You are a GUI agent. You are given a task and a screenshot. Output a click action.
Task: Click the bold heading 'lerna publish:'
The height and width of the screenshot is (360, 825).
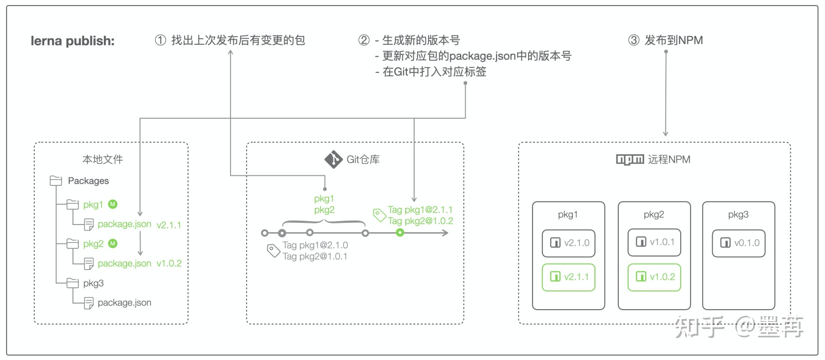(72, 41)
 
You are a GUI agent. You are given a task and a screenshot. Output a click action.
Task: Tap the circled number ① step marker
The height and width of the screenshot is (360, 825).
(160, 40)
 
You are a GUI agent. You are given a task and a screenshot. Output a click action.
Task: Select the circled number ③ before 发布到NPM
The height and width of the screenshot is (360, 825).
(634, 40)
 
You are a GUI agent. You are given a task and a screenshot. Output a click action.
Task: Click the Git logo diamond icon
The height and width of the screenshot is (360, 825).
(333, 159)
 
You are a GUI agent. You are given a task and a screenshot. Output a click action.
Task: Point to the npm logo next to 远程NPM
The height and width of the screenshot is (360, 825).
(630, 160)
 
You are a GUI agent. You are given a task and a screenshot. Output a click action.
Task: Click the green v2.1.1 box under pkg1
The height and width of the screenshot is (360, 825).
(568, 277)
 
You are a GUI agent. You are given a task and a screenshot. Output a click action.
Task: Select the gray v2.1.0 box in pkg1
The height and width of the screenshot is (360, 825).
(568, 243)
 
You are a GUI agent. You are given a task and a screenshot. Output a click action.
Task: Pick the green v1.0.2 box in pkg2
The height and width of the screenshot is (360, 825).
(654, 277)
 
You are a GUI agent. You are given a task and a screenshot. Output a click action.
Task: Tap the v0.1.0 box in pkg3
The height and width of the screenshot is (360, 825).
(739, 243)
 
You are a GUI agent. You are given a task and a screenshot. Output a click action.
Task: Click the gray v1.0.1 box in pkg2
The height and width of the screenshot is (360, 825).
(654, 243)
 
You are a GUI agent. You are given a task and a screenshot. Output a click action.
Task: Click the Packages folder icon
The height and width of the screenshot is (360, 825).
(56, 181)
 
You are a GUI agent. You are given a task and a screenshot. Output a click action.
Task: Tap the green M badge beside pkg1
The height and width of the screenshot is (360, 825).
(113, 204)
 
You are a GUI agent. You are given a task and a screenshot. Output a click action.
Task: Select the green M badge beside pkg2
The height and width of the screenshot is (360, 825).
(113, 243)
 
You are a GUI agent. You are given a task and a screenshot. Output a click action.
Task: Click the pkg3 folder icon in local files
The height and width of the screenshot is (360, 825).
(73, 283)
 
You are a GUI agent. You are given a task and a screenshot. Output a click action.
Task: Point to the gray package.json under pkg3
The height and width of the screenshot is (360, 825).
(124, 302)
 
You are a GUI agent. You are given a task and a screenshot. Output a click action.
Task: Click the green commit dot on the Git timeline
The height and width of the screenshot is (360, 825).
(400, 233)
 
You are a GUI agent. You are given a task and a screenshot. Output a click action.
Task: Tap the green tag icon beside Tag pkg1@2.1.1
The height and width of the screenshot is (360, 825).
(379, 215)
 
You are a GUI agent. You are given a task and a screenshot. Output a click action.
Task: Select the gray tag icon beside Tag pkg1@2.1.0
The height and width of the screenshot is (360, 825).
(274, 251)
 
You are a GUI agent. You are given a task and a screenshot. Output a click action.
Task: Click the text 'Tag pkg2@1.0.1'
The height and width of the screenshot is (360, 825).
(315, 256)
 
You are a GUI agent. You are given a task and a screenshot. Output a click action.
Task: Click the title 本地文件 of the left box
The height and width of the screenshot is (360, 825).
(103, 160)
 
